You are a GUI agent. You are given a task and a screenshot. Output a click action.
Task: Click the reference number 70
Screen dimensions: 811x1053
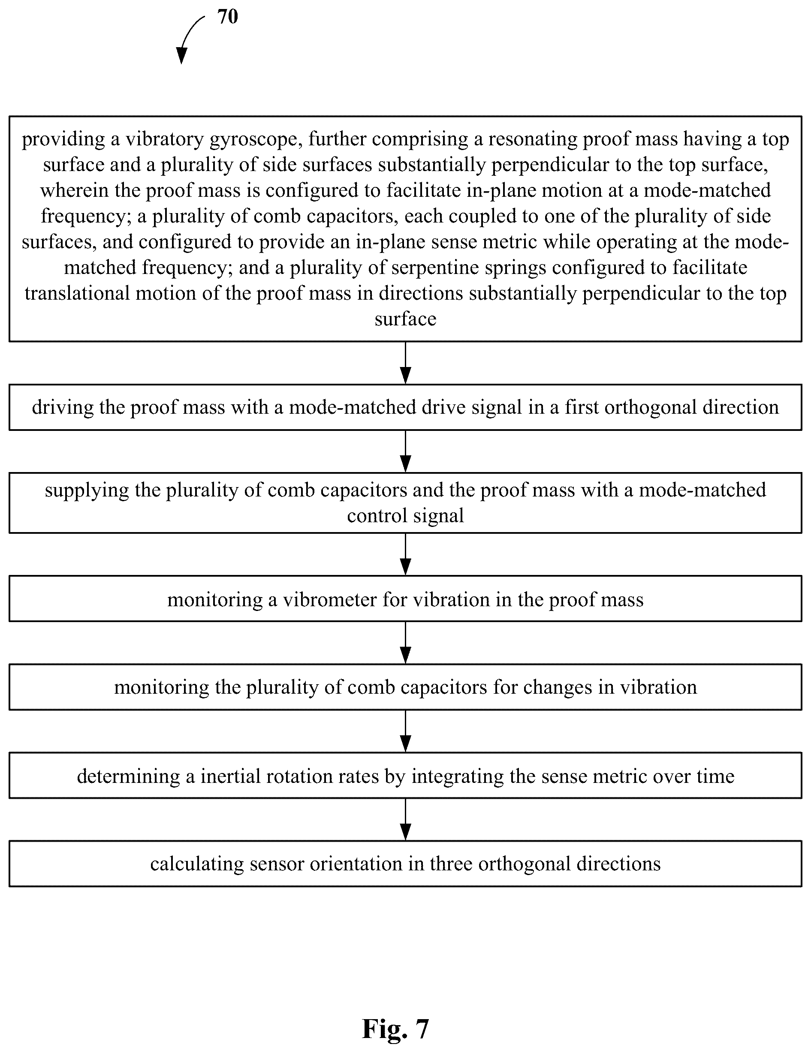(x=228, y=17)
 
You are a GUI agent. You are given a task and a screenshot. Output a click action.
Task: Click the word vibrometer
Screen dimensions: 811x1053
(x=330, y=600)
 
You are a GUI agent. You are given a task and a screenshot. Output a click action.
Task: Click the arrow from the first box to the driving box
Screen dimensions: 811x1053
(x=406, y=363)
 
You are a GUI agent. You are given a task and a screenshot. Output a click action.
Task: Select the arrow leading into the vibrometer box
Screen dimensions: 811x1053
(x=406, y=554)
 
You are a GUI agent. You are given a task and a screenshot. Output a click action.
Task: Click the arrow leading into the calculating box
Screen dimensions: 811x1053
(x=406, y=820)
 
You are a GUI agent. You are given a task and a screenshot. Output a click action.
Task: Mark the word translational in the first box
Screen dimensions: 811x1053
(x=77, y=294)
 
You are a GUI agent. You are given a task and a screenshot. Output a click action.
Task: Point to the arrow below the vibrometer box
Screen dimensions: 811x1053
(x=406, y=643)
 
